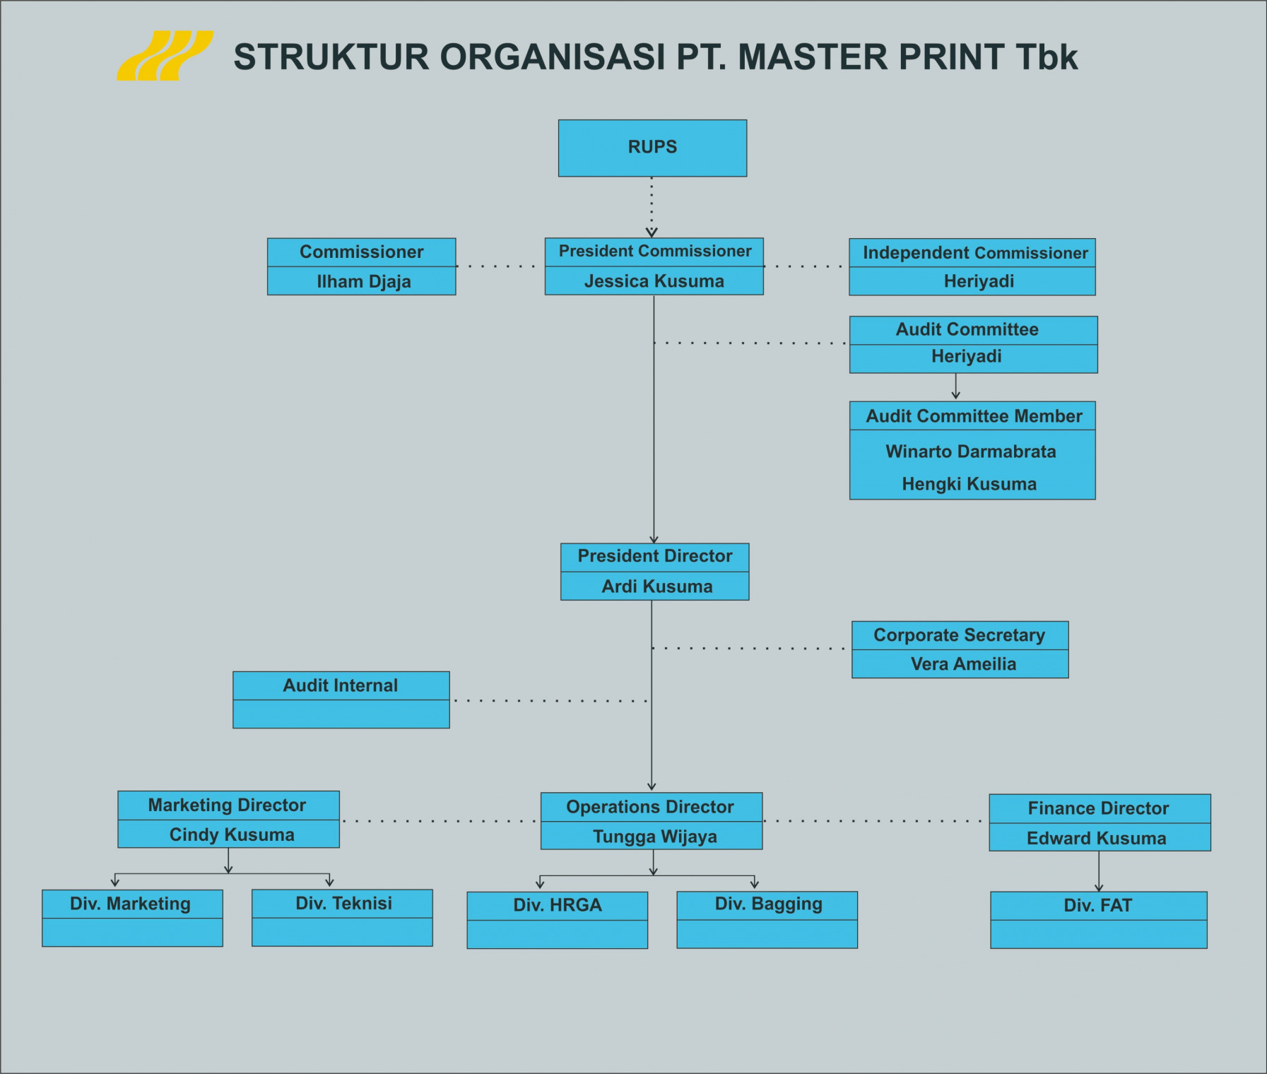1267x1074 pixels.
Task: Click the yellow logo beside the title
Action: click(165, 56)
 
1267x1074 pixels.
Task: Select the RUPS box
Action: click(652, 148)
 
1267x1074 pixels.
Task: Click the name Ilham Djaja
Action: click(363, 281)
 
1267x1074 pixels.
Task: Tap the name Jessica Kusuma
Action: click(654, 281)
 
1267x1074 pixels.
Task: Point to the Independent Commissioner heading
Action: click(974, 253)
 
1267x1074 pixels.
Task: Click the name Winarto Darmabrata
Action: click(970, 452)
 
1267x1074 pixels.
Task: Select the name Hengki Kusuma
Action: click(969, 484)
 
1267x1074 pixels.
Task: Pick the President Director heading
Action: click(654, 556)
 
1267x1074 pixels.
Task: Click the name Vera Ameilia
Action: click(963, 664)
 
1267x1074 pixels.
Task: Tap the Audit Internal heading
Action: click(340, 685)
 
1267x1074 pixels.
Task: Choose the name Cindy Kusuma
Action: click(232, 834)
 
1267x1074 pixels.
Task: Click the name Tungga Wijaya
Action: click(654, 837)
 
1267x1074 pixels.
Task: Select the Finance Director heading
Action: click(1098, 808)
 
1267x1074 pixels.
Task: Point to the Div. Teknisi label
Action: click(343, 903)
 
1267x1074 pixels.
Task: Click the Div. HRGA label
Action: click(557, 905)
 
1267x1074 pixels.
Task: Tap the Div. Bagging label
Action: click(768, 904)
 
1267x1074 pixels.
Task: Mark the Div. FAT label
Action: click(1097, 905)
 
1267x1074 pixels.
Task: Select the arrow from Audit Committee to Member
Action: click(955, 386)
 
